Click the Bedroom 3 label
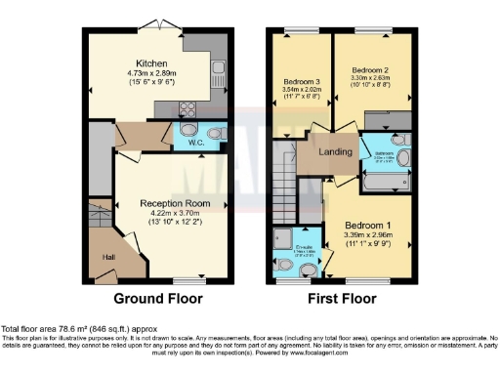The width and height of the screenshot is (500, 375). click(x=301, y=81)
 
